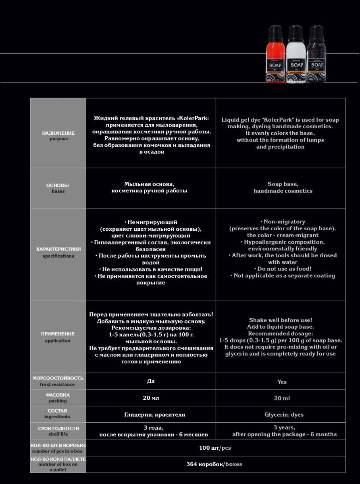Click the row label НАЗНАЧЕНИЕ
(58, 133)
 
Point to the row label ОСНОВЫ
(58, 185)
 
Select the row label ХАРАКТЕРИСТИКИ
(58, 249)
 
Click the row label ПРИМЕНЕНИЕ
(58, 334)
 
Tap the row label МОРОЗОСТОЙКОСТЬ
(58, 378)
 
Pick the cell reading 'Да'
(151, 381)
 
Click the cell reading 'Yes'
(282, 382)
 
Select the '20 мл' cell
(151, 398)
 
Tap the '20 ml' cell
(282, 398)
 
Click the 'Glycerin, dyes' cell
(284, 415)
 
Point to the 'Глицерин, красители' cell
(155, 415)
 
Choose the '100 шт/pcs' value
(215, 448)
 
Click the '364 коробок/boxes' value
(214, 464)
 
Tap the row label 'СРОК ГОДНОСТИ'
(58, 428)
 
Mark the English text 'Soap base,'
(283, 184)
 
